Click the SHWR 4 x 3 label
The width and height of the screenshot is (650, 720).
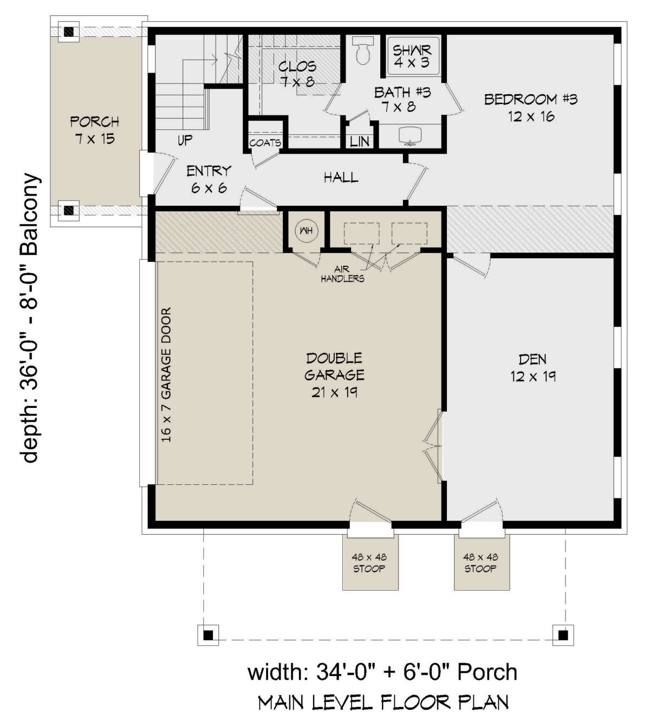[412, 56]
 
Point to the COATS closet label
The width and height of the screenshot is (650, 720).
[265, 143]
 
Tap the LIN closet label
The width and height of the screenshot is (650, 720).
[359, 142]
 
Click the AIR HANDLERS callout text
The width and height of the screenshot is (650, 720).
[342, 274]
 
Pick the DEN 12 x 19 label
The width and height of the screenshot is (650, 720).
[533, 368]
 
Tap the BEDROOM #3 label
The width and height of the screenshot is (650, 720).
[531, 108]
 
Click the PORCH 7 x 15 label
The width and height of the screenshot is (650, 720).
[95, 130]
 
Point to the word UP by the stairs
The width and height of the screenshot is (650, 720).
[185, 140]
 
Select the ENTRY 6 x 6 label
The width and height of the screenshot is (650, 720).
[209, 179]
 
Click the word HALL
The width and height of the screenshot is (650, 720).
[341, 177]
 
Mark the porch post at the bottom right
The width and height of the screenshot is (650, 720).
[563, 635]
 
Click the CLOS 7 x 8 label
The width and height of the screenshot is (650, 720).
[297, 74]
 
